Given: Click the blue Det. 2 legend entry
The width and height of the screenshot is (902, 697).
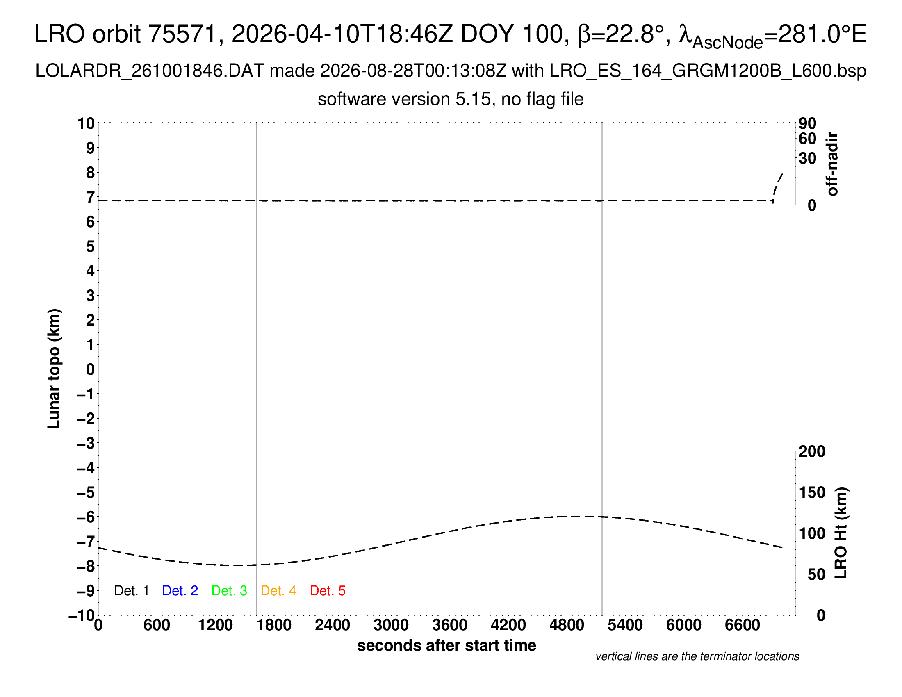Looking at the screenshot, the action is click(x=180, y=591).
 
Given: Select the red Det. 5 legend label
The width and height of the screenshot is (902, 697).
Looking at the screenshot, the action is click(x=328, y=591).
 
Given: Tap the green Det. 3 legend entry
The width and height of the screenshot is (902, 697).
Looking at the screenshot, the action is click(x=229, y=591).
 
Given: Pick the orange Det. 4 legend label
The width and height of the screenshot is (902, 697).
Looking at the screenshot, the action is click(x=278, y=591).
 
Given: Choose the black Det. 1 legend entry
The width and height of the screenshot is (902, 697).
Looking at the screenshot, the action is click(x=131, y=591).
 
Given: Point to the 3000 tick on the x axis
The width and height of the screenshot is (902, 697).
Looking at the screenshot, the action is click(x=391, y=625).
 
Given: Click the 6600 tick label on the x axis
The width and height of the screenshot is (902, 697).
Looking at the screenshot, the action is click(x=743, y=625).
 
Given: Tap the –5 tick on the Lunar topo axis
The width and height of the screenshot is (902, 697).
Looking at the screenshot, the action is click(x=86, y=492).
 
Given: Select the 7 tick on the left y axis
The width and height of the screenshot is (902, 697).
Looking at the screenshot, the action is click(x=91, y=197).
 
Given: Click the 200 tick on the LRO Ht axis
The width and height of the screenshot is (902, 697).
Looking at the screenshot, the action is click(x=812, y=451).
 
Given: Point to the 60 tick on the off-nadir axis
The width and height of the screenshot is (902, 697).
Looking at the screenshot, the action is click(x=807, y=139).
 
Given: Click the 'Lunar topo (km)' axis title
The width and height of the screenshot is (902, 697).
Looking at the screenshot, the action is click(x=54, y=369).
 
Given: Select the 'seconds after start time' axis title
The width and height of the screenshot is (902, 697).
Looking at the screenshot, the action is click(x=446, y=645).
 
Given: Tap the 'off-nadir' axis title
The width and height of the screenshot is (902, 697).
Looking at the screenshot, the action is click(x=832, y=164).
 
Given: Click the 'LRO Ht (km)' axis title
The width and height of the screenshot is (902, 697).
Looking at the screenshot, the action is click(x=841, y=533).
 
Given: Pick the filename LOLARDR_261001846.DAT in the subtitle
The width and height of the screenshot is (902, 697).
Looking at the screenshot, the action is click(x=150, y=71).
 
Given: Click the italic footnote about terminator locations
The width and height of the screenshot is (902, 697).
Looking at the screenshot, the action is click(x=697, y=656).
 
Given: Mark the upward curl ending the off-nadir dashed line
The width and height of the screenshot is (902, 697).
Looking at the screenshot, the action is click(x=777, y=187).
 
